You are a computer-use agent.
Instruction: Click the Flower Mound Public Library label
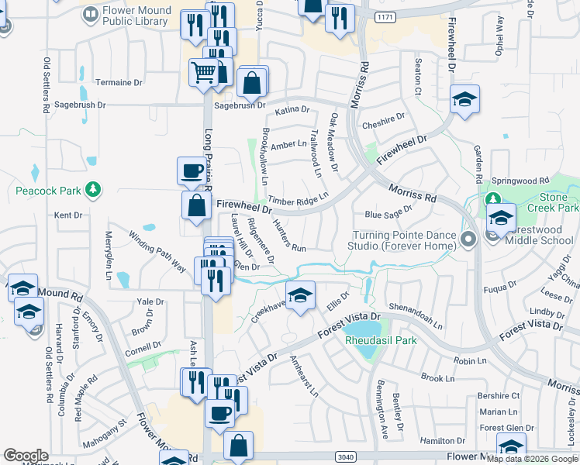(133, 16)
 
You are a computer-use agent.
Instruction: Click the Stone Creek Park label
(552, 203)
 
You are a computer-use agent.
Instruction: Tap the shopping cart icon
(202, 72)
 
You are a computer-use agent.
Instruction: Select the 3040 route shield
(344, 457)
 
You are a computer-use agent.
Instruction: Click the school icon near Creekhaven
(300, 294)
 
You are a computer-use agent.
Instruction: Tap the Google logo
(26, 456)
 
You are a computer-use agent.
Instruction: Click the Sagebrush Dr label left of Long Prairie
(79, 104)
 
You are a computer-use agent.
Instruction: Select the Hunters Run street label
(289, 236)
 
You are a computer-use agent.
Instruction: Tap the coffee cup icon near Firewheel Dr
(191, 170)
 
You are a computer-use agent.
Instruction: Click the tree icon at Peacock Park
(92, 189)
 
